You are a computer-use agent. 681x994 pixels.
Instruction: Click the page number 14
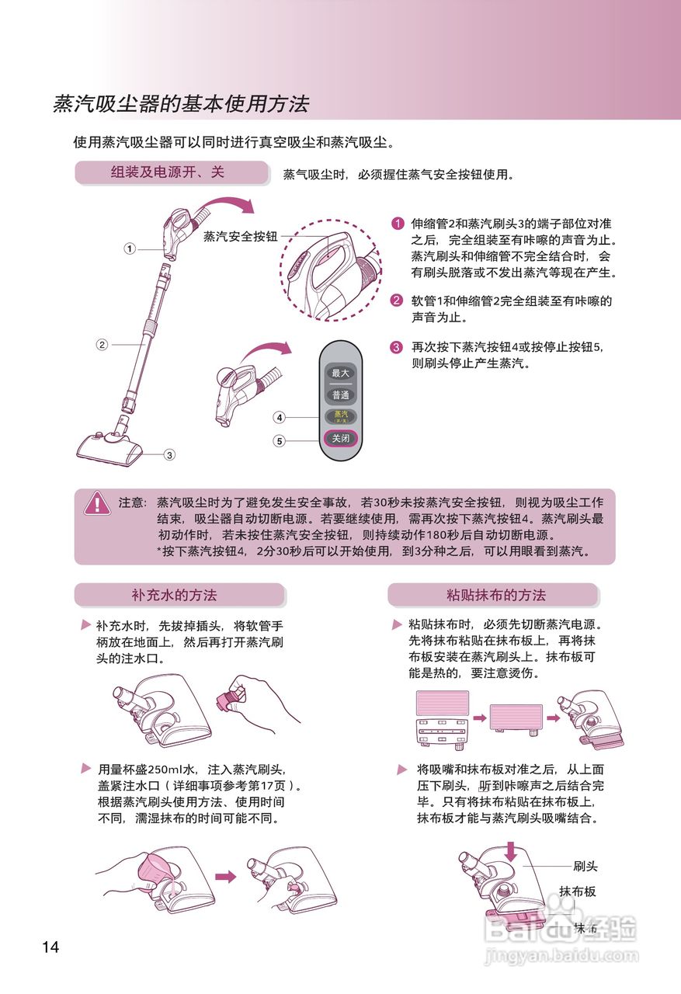(x=50, y=947)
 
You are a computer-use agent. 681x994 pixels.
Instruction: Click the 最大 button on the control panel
(x=341, y=373)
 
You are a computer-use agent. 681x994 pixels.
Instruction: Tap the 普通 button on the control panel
(x=341, y=395)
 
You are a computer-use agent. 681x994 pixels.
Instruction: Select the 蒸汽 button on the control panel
(x=341, y=416)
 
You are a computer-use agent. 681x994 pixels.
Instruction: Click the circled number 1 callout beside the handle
(x=130, y=248)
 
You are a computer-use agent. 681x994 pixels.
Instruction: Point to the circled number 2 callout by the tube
(x=102, y=344)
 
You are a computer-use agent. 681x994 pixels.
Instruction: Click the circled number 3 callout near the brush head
(x=169, y=455)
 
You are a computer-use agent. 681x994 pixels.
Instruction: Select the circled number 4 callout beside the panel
(x=280, y=417)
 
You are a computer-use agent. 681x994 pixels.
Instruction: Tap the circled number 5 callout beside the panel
(x=280, y=441)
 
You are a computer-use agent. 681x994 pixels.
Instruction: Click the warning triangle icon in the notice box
(x=97, y=503)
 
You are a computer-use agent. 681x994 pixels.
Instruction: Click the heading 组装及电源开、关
(x=168, y=172)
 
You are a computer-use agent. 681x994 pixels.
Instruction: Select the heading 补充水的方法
(x=174, y=596)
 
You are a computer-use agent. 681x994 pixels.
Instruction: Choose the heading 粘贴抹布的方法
(x=495, y=596)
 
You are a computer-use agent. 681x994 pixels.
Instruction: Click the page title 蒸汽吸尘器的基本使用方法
(x=181, y=104)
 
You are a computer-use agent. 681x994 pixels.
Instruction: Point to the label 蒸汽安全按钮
(x=240, y=236)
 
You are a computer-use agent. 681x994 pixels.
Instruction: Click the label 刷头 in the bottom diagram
(x=585, y=866)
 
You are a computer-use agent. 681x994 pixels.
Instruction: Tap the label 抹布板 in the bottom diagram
(x=578, y=891)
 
